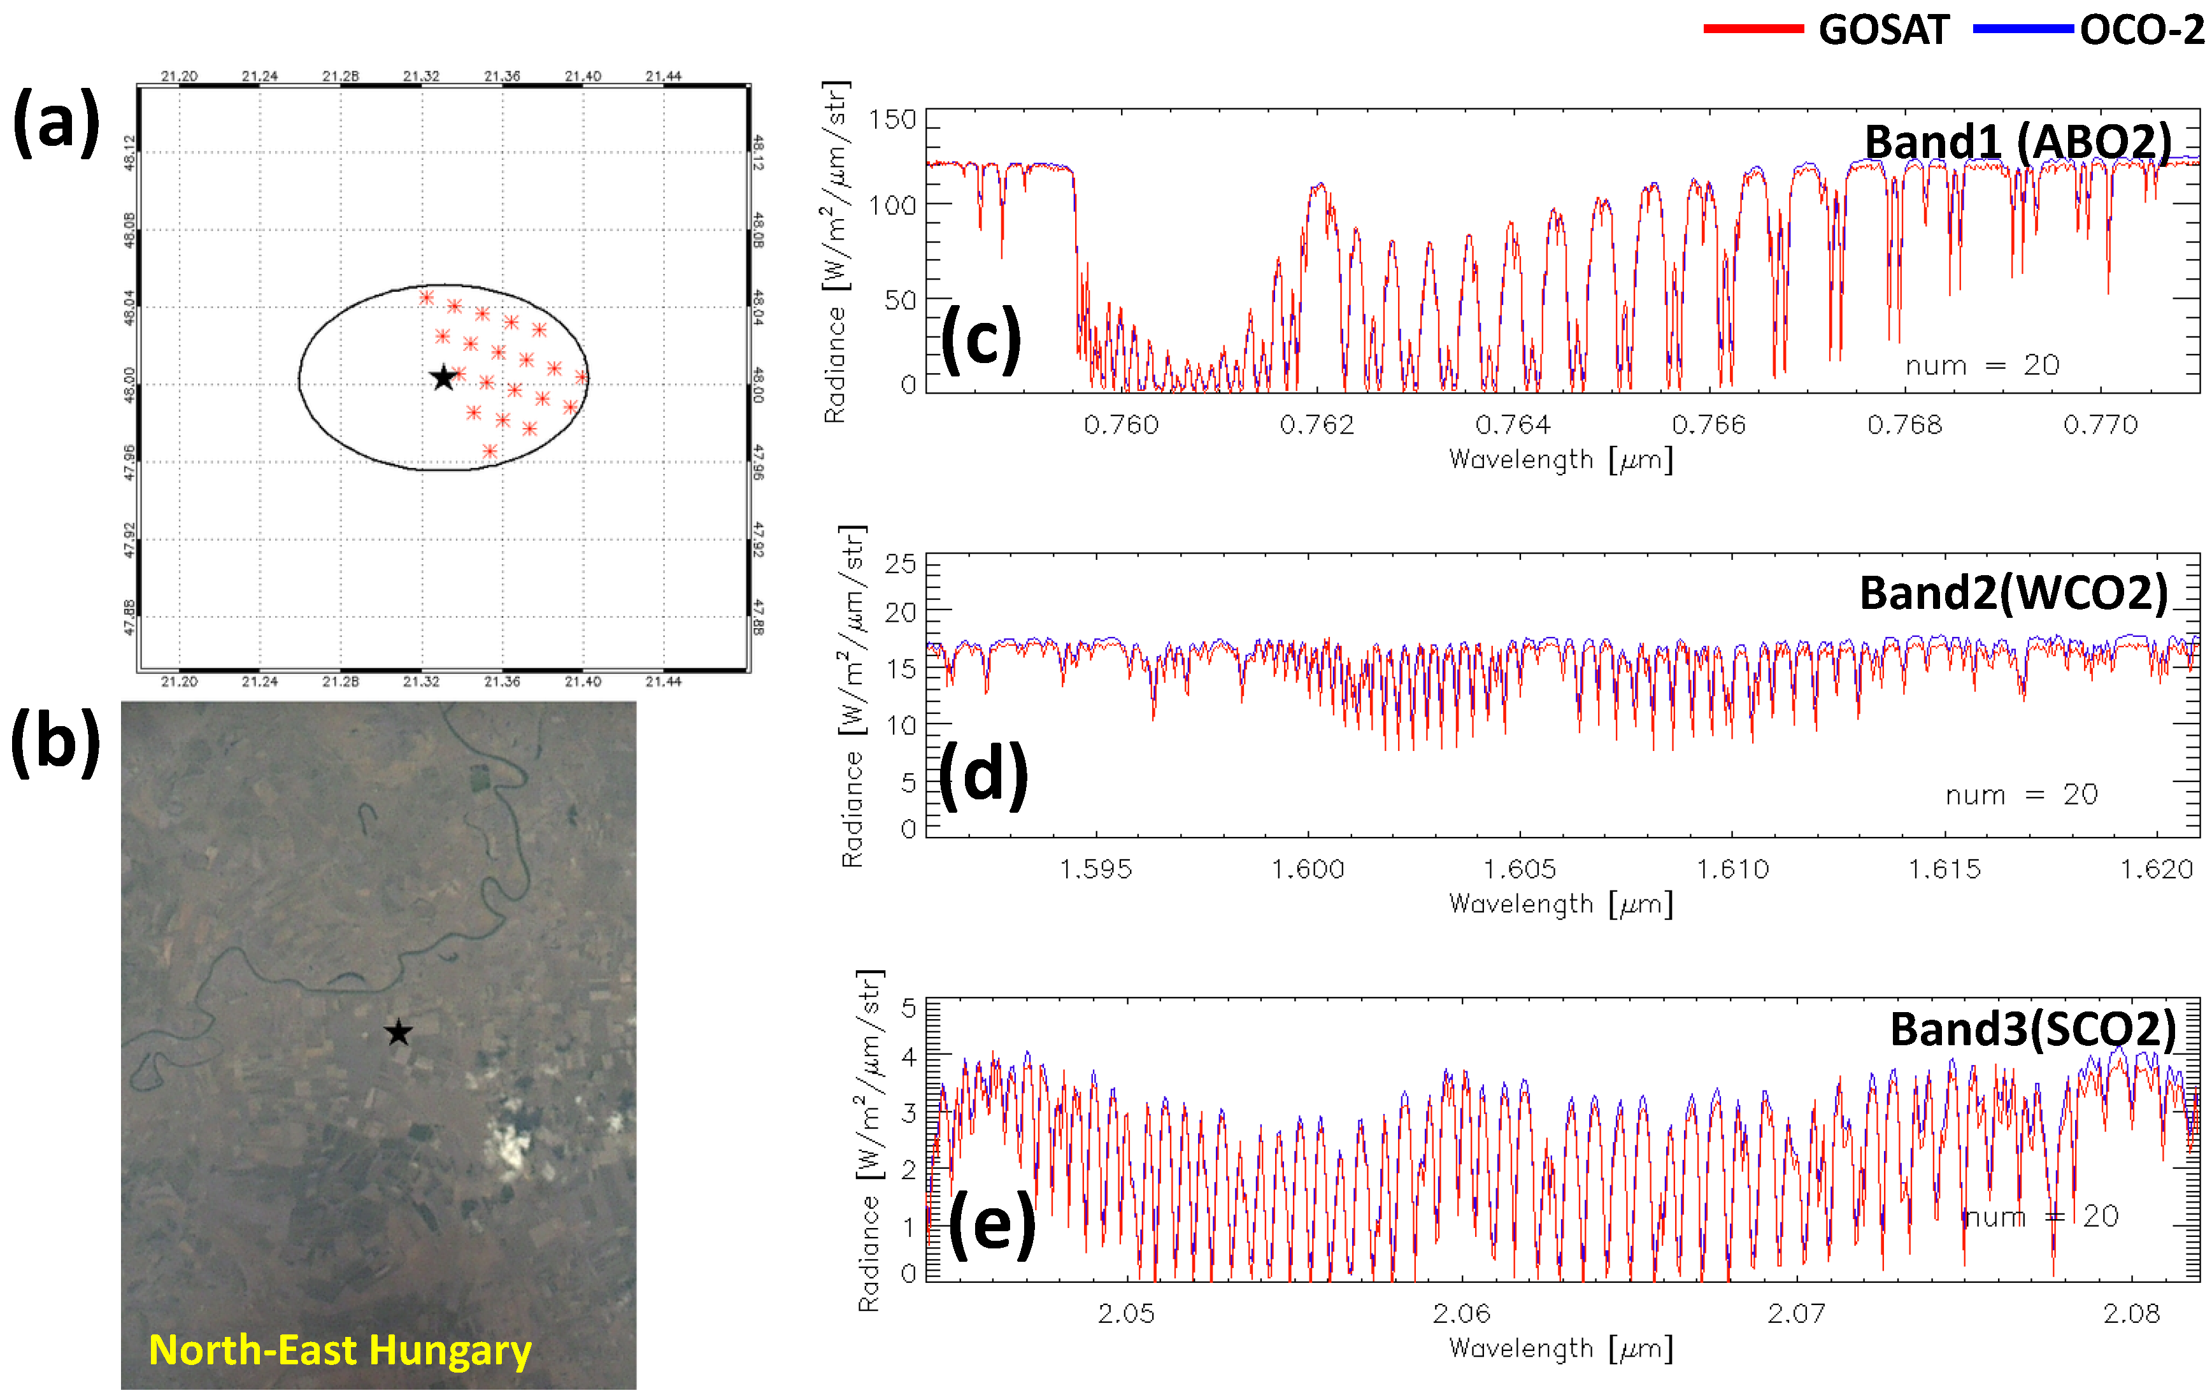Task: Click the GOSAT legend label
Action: [x=1883, y=31]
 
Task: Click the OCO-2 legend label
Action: [x=2141, y=31]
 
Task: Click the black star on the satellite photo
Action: [x=398, y=1032]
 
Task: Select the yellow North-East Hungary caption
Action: [x=340, y=1350]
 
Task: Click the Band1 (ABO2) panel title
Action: [x=2017, y=143]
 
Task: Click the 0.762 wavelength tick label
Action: [x=1316, y=424]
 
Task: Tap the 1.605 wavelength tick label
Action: [x=1520, y=869]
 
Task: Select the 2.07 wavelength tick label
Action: [x=1796, y=1313]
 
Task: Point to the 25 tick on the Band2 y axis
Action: [x=900, y=563]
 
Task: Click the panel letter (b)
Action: [x=55, y=742]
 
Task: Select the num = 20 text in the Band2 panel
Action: [x=2021, y=795]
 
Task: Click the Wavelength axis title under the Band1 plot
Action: [x=1560, y=459]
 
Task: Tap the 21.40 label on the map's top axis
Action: [x=582, y=76]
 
